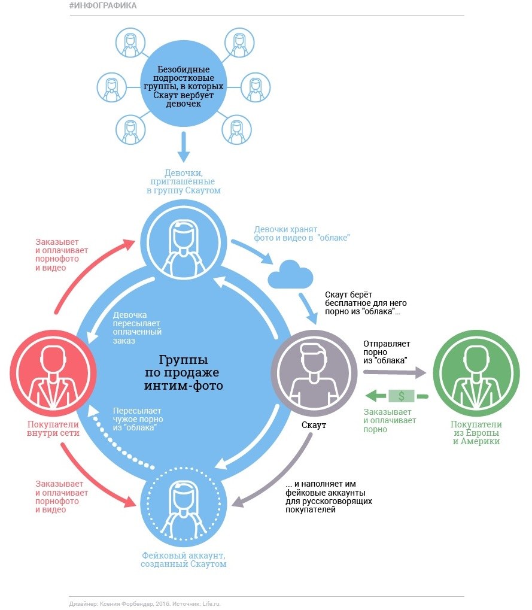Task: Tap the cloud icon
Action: [290, 275]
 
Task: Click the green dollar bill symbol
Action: [402, 395]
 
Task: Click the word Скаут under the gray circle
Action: [314, 425]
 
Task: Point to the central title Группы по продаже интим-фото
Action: [183, 372]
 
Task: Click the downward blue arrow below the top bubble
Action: [183, 147]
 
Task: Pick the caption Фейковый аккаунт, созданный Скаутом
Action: [183, 559]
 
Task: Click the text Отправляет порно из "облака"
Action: [386, 353]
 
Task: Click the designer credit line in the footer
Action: [144, 603]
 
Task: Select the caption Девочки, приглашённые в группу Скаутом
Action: [183, 181]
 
